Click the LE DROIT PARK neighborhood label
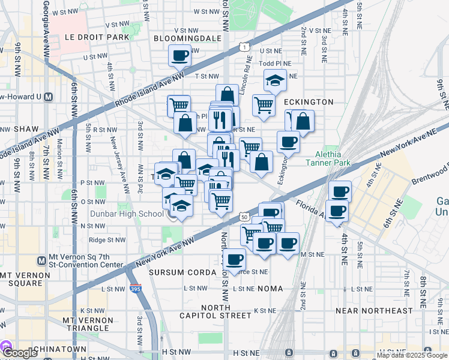point(97,37)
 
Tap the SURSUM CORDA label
point(182,272)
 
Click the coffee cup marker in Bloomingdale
point(180,56)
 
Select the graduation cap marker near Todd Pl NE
point(275,80)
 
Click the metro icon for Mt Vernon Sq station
point(41,260)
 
